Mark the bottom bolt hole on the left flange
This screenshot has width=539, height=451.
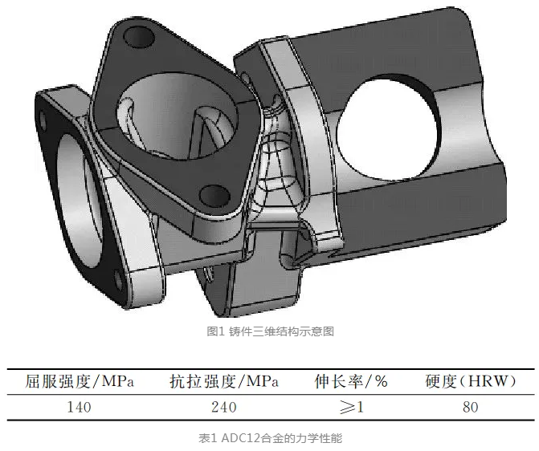120,278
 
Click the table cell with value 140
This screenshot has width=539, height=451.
78,407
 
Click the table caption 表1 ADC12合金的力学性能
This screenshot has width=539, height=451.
270,438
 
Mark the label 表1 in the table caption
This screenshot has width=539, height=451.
207,438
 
